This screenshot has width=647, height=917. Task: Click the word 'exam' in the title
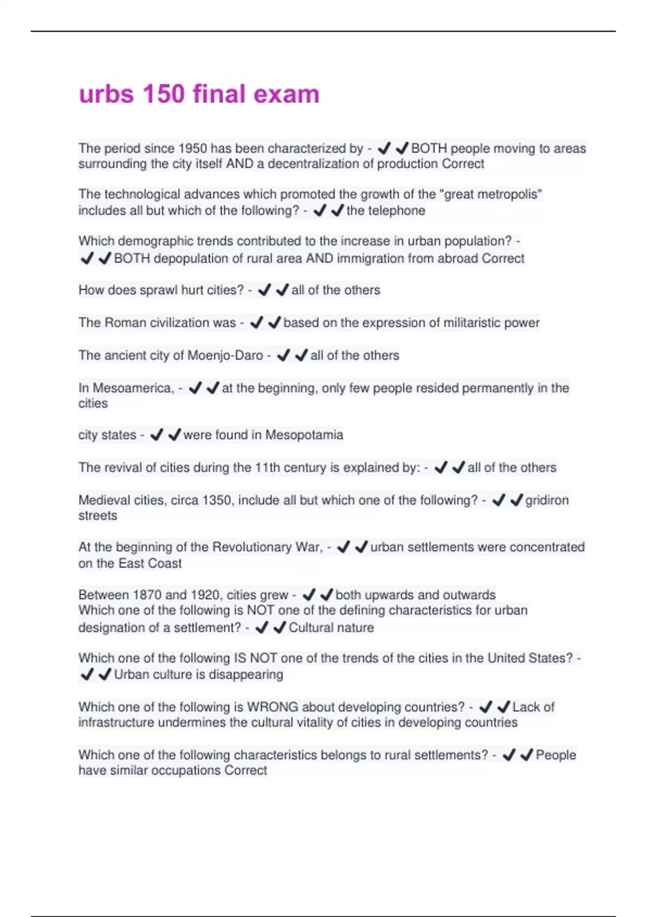pyautogui.click(x=286, y=94)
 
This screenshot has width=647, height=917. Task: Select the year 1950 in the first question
pyautogui.click(x=192, y=148)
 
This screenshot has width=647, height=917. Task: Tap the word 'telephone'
pyautogui.click(x=397, y=210)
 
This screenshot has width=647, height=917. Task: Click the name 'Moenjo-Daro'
pyautogui.click(x=225, y=355)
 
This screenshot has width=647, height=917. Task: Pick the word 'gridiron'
pyautogui.click(x=547, y=500)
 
